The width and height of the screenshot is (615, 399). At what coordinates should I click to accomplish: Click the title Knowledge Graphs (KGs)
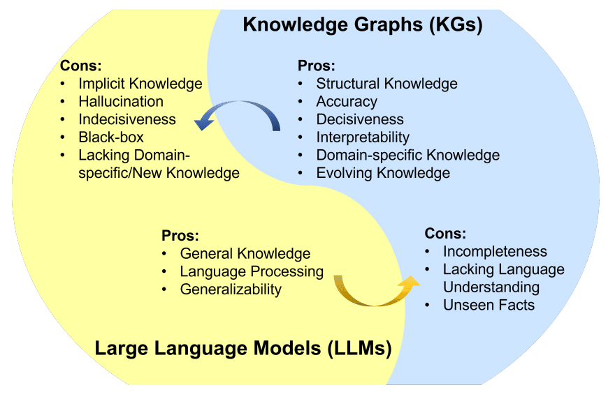tap(363, 26)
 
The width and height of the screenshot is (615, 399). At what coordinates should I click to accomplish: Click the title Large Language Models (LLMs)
tap(243, 348)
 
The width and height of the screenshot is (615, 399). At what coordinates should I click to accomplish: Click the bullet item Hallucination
tap(121, 102)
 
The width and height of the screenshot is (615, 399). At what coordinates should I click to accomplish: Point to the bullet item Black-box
tap(111, 137)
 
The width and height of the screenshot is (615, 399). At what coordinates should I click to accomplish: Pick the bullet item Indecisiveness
tap(127, 119)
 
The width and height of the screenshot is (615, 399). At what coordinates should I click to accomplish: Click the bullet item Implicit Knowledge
tap(140, 84)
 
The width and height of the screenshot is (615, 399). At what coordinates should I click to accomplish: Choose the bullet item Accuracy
tap(347, 101)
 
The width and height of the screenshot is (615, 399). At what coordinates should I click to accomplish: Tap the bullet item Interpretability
tap(363, 137)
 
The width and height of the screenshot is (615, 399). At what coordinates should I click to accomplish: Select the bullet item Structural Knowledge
tap(386, 84)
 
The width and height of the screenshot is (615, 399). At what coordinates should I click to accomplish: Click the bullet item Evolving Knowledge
tap(383, 173)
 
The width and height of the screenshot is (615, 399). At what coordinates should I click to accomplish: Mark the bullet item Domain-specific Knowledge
tap(407, 155)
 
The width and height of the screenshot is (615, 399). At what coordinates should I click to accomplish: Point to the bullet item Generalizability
tap(231, 289)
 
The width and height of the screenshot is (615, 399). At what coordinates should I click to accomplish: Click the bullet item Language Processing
tap(252, 271)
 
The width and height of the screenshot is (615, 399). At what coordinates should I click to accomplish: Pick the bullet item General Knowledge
tap(245, 253)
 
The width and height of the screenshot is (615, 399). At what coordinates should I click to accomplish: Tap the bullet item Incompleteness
tap(495, 251)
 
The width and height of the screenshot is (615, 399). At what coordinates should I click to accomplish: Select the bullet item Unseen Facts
tap(489, 305)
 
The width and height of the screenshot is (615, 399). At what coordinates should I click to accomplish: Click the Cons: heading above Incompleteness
tap(445, 234)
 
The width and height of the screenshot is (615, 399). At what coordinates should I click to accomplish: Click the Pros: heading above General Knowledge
tap(180, 235)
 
